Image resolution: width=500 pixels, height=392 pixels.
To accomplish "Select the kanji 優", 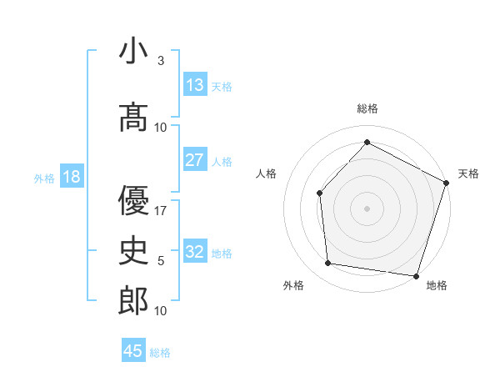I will [133, 200].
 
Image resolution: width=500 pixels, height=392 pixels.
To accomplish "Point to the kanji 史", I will [133, 251].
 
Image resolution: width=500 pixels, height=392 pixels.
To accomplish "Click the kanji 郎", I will [133, 301].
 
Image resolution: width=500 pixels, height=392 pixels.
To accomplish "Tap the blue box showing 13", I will [195, 86].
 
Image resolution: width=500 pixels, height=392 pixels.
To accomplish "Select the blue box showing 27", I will [195, 160].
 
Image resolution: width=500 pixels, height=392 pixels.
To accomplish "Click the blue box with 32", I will [195, 252].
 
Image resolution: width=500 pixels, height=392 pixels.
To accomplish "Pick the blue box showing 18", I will [71, 177].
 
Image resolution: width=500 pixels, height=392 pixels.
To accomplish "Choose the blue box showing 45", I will [133, 351].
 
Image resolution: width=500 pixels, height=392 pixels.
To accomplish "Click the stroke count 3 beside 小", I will [160, 61].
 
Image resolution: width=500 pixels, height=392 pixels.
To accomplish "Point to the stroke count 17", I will [162, 210].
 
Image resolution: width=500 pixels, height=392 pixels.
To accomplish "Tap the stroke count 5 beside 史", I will [160, 261].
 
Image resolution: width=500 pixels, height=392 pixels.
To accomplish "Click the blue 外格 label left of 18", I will [44, 178].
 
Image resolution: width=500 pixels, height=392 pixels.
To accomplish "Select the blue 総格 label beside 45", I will [160, 352].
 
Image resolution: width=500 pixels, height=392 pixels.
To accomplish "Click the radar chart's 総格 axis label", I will [367, 108].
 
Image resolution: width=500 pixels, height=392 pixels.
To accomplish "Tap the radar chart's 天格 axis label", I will [468, 173].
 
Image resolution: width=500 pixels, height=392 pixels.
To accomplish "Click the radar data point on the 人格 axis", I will [320, 193].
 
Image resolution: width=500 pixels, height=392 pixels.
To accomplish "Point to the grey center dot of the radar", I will [367, 208].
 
